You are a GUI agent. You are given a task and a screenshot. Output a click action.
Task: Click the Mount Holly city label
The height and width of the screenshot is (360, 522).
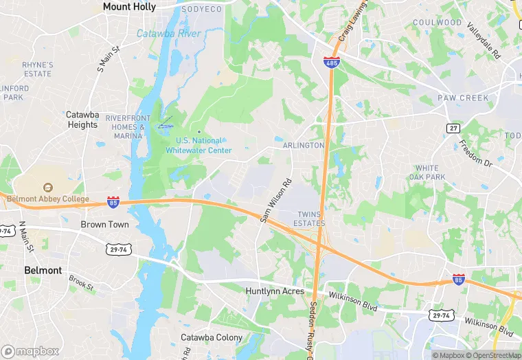129,7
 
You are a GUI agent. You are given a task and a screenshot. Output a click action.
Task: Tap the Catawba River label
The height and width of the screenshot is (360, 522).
168,34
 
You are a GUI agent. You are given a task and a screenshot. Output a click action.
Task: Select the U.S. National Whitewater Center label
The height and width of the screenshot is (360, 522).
199,145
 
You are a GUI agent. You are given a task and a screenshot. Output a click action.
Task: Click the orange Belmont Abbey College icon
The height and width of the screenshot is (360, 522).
47,187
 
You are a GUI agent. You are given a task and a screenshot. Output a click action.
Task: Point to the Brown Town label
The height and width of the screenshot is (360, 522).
104,225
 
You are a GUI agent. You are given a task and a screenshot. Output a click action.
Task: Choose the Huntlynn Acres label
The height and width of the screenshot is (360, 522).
275,291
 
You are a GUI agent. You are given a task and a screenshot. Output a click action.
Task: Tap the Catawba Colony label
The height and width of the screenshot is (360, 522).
212,337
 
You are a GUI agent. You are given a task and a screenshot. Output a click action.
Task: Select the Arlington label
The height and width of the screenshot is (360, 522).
303,146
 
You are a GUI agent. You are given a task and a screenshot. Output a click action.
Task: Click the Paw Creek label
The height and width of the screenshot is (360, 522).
464,98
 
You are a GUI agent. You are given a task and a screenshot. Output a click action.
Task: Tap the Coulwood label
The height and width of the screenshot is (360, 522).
437,23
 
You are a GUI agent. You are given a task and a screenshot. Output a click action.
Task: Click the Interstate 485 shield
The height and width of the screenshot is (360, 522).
332,63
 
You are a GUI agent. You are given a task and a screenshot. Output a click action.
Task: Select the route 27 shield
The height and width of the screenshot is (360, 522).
453,128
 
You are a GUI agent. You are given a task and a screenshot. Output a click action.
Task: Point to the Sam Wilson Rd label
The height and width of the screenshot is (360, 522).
276,201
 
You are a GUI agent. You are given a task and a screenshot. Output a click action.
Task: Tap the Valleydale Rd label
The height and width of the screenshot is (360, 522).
485,40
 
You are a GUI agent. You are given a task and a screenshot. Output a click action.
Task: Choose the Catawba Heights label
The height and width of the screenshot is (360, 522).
82,120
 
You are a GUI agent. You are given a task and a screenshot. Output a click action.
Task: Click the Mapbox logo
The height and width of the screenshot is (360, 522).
30,350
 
